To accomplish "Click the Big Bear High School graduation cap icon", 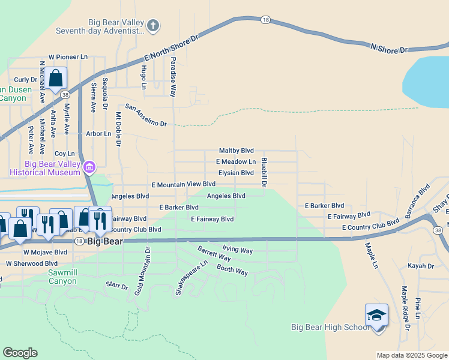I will [x=376, y=315].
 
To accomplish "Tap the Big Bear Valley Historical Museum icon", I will [x=89, y=166].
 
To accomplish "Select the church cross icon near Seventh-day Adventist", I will [x=153, y=25].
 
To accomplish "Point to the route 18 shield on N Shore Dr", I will [x=265, y=20].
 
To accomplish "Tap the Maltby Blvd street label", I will [x=236, y=151].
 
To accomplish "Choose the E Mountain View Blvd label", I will [x=183, y=184].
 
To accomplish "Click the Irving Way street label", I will [x=237, y=248].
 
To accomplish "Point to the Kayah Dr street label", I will [x=420, y=266].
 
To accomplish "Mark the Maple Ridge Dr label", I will [x=405, y=307].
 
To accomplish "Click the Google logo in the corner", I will [x=20, y=352].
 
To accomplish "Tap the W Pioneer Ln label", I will [x=68, y=57].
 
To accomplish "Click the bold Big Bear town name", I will [x=104, y=241].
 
